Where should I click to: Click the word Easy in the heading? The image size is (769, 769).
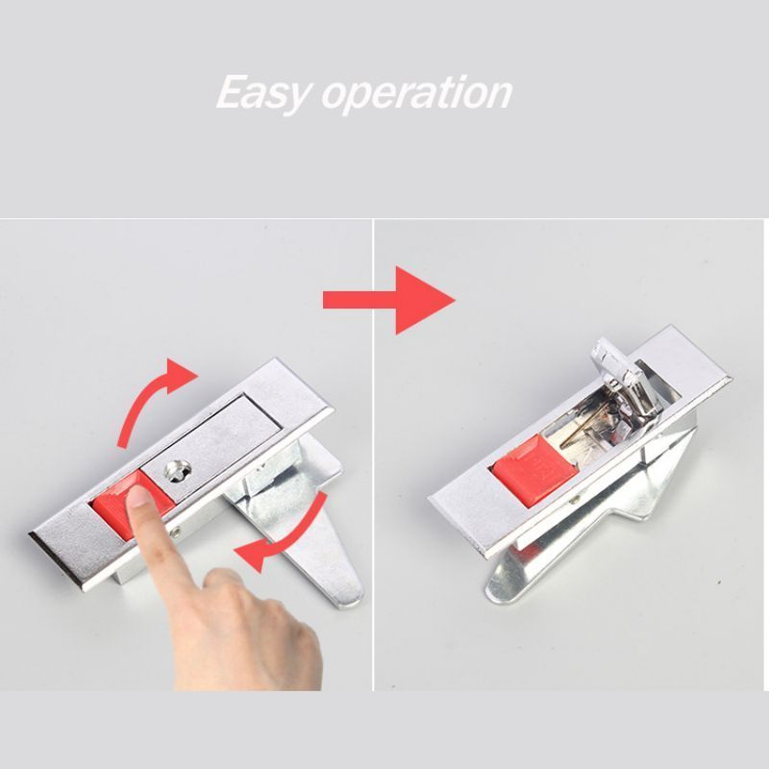coord(263,93)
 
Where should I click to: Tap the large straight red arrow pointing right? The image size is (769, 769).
coord(389,300)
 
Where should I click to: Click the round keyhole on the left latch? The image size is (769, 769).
coord(178,471)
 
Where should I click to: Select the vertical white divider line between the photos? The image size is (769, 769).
coord(373,454)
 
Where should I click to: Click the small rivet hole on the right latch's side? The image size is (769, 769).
coord(575,501)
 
